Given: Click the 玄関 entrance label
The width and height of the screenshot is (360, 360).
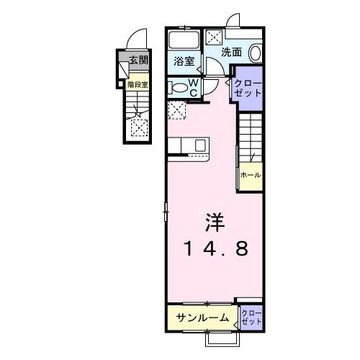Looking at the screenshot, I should click(x=139, y=61).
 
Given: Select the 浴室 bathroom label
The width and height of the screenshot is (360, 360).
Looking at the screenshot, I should click(x=184, y=62).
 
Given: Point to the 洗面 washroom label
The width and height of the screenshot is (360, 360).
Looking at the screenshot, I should click(x=231, y=52).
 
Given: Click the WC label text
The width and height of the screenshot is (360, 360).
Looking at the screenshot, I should click(x=193, y=87).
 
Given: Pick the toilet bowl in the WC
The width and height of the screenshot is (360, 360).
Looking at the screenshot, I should click(x=179, y=88).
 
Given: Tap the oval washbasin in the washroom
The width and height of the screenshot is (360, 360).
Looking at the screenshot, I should click(x=255, y=54).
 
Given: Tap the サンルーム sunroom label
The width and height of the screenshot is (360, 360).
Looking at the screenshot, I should click(x=204, y=318).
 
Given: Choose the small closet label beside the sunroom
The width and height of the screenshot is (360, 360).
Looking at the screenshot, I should click(x=251, y=317).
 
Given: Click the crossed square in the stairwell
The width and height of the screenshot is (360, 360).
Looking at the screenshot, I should click(x=138, y=127).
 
